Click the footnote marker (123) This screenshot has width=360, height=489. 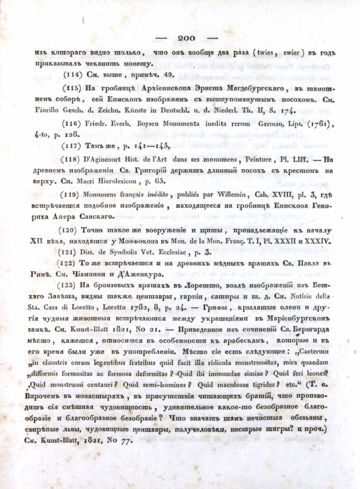click(71, 285)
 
